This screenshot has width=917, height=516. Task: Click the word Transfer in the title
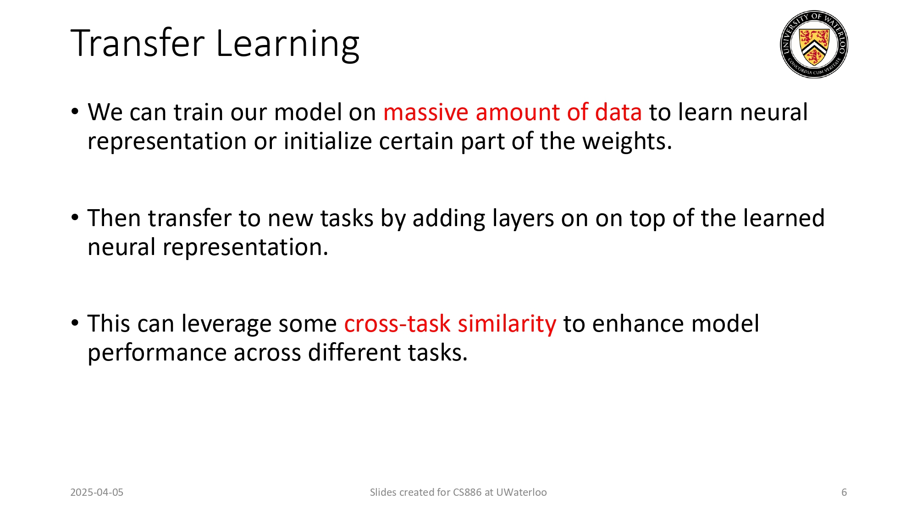click(138, 44)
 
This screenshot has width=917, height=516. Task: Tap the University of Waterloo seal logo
click(814, 44)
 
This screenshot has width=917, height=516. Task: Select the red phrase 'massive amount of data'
click(512, 112)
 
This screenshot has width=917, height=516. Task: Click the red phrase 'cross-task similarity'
click(450, 324)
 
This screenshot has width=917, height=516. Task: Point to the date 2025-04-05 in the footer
click(97, 492)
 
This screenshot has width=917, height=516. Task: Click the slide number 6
click(844, 492)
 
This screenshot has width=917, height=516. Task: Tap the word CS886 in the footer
click(467, 492)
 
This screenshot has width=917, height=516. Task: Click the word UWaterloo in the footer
click(521, 492)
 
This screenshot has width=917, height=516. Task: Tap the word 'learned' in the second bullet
click(784, 218)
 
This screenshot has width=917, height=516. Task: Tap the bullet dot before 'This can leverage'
click(75, 323)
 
